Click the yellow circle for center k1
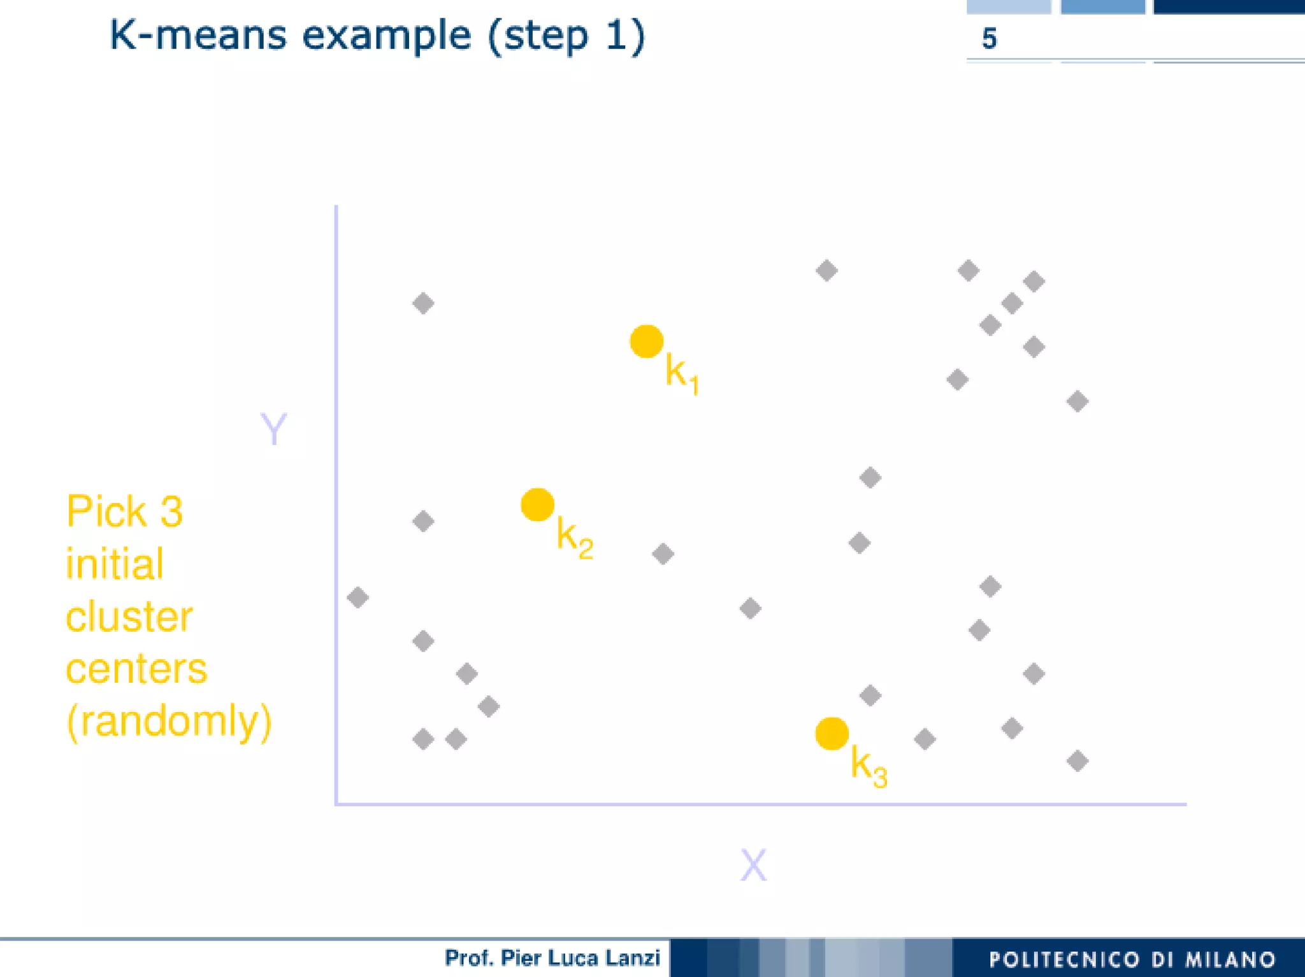point(646,341)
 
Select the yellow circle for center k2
point(537,504)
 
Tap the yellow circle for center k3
point(832,734)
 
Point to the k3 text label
point(869,767)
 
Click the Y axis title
point(274,429)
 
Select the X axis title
point(753,865)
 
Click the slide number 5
point(989,39)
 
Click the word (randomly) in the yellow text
point(169,721)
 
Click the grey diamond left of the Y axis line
point(357,597)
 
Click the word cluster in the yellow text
point(129,617)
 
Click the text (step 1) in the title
point(566,36)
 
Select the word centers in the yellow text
point(136,669)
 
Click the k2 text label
point(574,538)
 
